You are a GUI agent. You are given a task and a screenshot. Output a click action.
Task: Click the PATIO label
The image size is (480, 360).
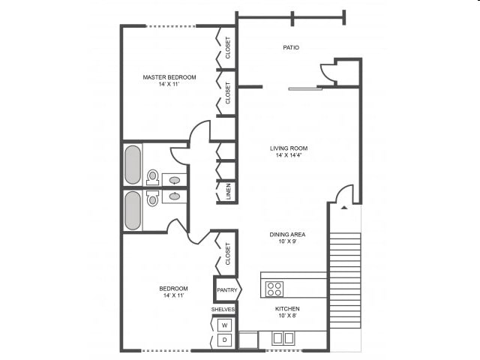(x=291, y=48)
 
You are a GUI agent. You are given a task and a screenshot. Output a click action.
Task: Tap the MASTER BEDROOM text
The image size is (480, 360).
(x=170, y=77)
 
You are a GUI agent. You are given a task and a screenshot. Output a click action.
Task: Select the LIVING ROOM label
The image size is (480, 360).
(x=289, y=148)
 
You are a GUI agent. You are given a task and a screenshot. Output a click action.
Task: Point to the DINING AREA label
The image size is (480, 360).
(x=287, y=235)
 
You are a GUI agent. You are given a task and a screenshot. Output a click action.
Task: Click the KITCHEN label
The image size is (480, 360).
(x=287, y=309)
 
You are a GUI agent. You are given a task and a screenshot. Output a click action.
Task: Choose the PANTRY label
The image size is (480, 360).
(x=226, y=290)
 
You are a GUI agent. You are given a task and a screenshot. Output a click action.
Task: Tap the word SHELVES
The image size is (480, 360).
(x=223, y=309)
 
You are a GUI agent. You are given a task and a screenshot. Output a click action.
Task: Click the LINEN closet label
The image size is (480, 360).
(x=228, y=192)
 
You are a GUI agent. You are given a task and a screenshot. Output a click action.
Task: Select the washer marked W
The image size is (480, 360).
(x=224, y=325)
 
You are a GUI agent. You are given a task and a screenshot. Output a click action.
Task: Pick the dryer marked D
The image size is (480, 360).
(x=224, y=340)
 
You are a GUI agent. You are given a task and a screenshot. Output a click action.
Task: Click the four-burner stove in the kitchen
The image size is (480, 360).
(x=274, y=288)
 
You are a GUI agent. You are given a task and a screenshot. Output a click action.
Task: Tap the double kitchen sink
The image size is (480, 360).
(x=283, y=338)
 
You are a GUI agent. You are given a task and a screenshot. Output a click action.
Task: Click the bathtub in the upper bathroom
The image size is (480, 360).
(x=133, y=164)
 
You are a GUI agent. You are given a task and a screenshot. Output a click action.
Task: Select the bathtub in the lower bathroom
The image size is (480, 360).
(x=133, y=211)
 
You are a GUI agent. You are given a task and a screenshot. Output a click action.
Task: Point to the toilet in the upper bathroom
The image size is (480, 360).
(x=153, y=177)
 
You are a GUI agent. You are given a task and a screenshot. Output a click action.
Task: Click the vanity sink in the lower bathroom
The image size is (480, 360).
(x=175, y=196)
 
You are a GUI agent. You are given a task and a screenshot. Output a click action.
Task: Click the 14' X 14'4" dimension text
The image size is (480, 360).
(x=289, y=157)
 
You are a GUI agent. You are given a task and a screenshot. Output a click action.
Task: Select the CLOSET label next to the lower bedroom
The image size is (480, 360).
(x=228, y=253)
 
